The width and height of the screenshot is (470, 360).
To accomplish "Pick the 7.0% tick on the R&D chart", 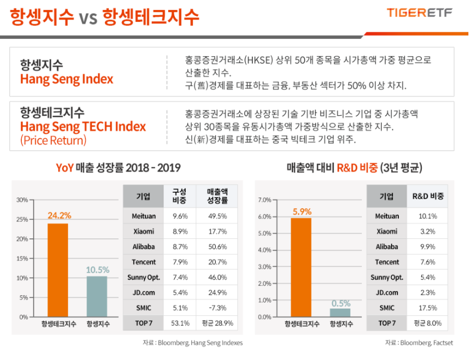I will click(x=264, y=200).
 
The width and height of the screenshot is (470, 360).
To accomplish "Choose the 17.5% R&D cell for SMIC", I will click(x=428, y=307).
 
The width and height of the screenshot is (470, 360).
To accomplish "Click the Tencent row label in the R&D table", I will click(x=387, y=262).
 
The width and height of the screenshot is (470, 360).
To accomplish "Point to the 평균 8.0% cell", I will click(x=428, y=323).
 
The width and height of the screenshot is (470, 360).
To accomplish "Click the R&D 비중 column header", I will click(x=428, y=196).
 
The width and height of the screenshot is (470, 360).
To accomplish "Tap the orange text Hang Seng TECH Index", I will click(x=83, y=127).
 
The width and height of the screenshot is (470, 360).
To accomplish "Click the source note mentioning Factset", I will click(x=419, y=343).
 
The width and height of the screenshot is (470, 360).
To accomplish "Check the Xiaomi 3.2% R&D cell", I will click(x=428, y=232).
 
